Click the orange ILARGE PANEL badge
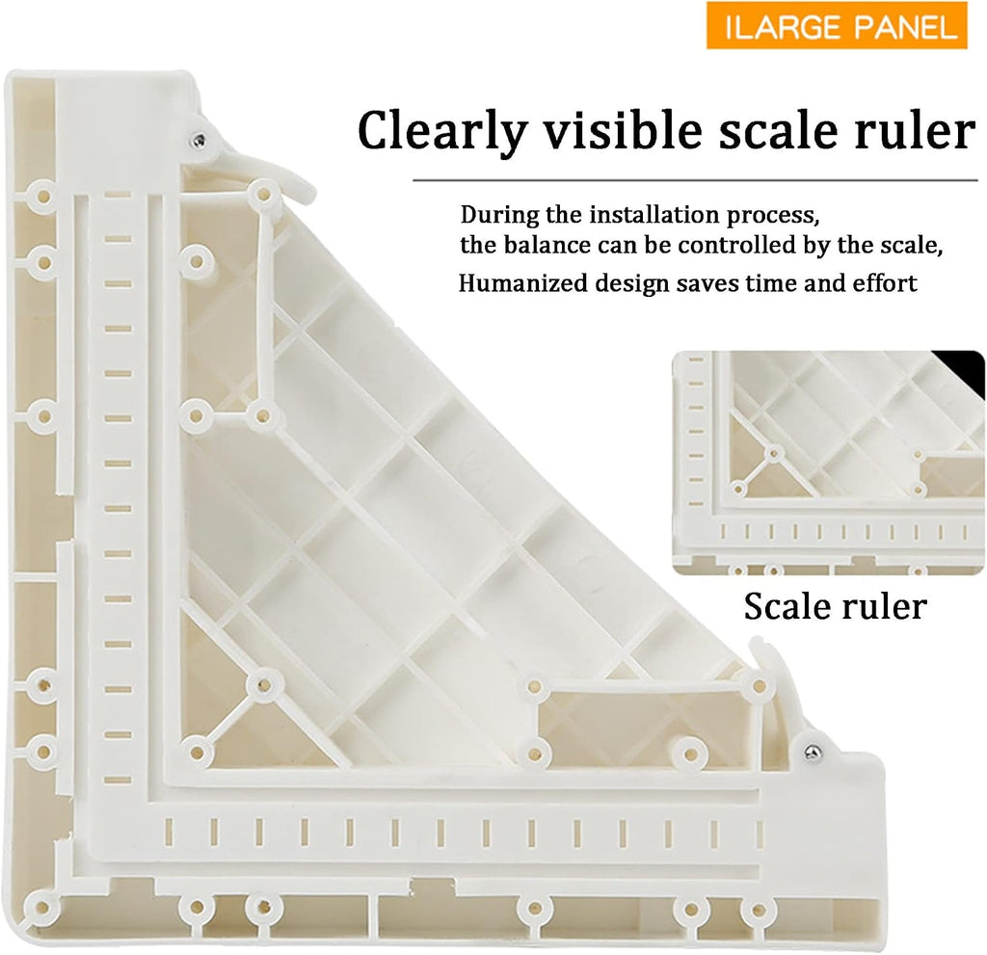(837, 26)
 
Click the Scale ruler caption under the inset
(836, 606)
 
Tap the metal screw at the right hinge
(812, 751)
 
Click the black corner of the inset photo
(964, 370)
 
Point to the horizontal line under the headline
(695, 180)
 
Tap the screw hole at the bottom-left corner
(41, 908)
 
